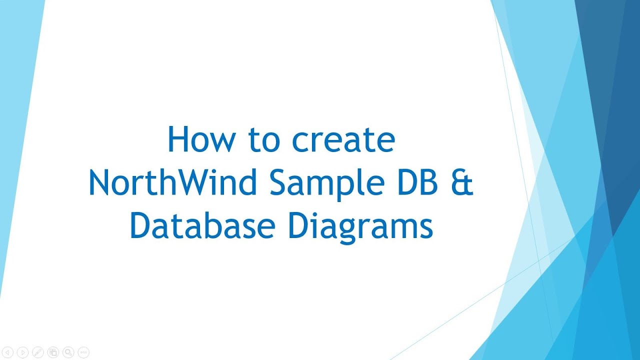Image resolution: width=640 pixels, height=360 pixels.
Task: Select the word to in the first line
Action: coord(263,140)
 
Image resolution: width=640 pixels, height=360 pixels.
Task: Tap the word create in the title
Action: coord(344,140)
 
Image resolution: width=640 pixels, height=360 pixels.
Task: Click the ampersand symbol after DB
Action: coord(464,183)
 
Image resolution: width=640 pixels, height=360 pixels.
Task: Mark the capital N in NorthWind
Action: coord(99,183)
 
